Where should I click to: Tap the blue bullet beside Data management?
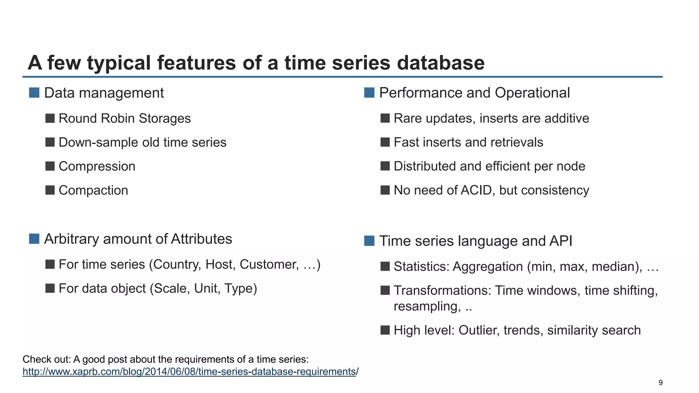(x=34, y=93)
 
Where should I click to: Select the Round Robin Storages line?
(x=125, y=118)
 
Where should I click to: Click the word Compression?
(x=97, y=166)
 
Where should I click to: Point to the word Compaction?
(x=93, y=190)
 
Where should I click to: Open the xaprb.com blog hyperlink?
(x=189, y=372)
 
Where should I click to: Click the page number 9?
(x=660, y=383)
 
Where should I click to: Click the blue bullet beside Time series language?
(x=369, y=241)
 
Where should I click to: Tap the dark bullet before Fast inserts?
(x=385, y=142)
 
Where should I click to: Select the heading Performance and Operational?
(x=474, y=93)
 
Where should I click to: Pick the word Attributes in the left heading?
(x=201, y=239)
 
